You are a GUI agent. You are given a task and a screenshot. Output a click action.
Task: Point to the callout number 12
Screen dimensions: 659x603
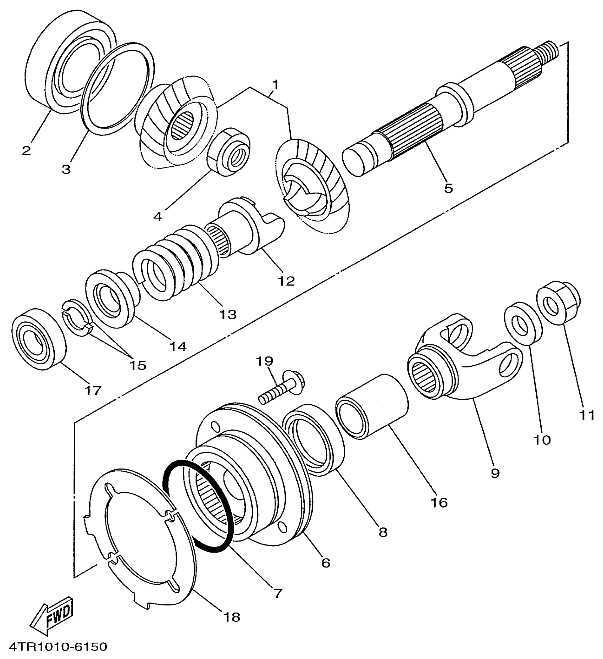tap(286, 281)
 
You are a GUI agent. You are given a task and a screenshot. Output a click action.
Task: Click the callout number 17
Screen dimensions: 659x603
tap(93, 391)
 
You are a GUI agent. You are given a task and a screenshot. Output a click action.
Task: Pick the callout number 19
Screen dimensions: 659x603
tap(265, 361)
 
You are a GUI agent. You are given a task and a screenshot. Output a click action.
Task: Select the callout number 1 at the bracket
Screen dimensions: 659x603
tap(276, 85)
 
